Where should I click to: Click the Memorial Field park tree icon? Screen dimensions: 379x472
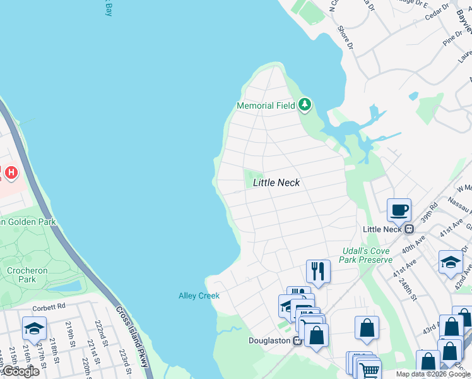(x=305, y=104)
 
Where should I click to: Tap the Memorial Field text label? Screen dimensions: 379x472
(x=266, y=106)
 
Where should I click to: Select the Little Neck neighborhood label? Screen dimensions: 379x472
(x=276, y=183)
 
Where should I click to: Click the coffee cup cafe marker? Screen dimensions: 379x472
(x=399, y=209)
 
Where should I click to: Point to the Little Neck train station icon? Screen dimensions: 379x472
(x=409, y=229)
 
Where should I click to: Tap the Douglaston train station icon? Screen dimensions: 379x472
(x=297, y=340)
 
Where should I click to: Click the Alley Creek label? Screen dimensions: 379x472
(x=199, y=296)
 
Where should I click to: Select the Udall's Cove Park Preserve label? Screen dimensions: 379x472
(x=367, y=255)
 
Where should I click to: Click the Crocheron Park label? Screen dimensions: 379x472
(x=27, y=275)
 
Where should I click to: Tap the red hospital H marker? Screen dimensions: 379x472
(x=11, y=172)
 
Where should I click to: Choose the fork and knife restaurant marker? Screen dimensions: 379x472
(x=318, y=271)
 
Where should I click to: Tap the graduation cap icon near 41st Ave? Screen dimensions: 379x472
(x=451, y=262)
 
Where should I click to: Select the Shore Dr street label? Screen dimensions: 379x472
(x=344, y=39)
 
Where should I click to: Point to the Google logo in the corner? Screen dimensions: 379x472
(x=20, y=371)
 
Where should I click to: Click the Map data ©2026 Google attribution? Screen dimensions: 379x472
(x=433, y=374)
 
